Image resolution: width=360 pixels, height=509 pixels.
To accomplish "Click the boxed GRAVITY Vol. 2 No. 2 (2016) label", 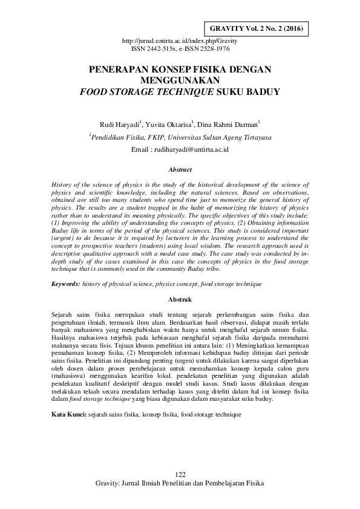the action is [x=257, y=28].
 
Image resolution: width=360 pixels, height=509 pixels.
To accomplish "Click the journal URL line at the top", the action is [x=180, y=41].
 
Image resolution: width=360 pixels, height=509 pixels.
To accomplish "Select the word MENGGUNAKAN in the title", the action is [x=180, y=79].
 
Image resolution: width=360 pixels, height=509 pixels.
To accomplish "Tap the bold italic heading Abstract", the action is [x=180, y=170].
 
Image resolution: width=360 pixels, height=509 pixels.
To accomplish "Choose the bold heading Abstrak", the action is [x=180, y=299].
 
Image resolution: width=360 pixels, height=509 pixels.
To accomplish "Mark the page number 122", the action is [x=180, y=474].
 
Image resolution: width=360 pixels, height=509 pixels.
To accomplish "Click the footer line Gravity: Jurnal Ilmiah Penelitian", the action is [x=180, y=484].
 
